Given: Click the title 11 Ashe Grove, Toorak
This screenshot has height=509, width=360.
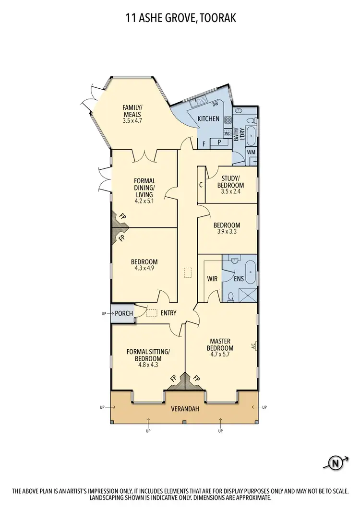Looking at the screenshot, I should [180, 19].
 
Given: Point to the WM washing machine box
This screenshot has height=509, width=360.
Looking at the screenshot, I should [251, 152].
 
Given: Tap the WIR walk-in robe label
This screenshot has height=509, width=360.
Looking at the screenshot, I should [213, 278].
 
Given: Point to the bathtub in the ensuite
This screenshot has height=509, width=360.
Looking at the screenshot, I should [251, 267].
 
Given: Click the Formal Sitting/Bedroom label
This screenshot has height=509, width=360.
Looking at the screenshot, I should [148, 358].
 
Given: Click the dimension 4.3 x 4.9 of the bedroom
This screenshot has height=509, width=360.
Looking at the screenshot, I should [144, 269].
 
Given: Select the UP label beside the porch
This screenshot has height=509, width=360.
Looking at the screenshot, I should [104, 314].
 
